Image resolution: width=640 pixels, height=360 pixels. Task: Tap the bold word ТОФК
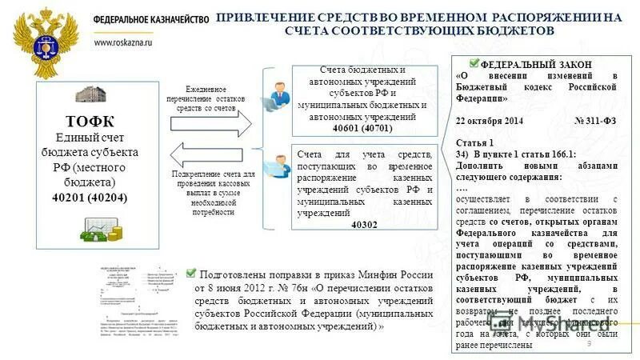point(89,122)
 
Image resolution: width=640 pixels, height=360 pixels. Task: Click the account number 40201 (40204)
point(89,197)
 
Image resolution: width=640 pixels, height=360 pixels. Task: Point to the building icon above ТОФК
point(90,95)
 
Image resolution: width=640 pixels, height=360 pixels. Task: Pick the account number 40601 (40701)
point(362,128)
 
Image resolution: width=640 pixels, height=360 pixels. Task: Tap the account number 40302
point(364,225)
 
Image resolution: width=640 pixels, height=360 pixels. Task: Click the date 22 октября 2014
point(489,119)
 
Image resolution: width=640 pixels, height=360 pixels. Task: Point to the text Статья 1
point(474,142)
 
